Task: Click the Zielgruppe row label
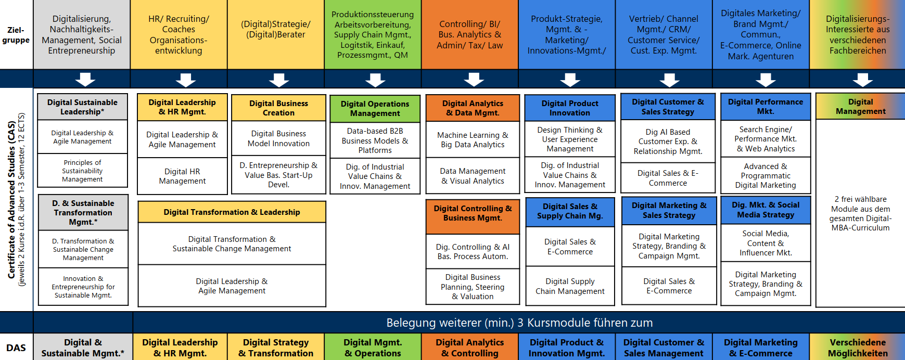click(16, 35)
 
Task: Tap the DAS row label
click(16, 348)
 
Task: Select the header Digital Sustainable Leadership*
click(82, 107)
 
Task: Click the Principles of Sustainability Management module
click(82, 171)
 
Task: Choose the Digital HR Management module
click(182, 176)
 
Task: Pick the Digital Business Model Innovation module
click(278, 138)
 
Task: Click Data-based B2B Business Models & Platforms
click(375, 140)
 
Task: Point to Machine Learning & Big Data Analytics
click(473, 139)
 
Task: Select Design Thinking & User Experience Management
click(570, 139)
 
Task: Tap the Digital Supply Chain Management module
click(570, 286)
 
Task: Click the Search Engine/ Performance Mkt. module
click(766, 139)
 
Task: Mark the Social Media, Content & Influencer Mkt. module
click(766, 243)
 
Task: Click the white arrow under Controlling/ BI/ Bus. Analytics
click(474, 80)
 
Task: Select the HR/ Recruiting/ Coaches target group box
click(179, 35)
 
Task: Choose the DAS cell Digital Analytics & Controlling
click(469, 348)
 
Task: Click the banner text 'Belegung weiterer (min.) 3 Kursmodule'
click(519, 323)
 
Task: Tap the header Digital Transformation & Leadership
click(232, 212)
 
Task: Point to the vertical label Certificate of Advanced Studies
click(11, 200)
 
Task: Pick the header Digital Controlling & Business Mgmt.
click(473, 213)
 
